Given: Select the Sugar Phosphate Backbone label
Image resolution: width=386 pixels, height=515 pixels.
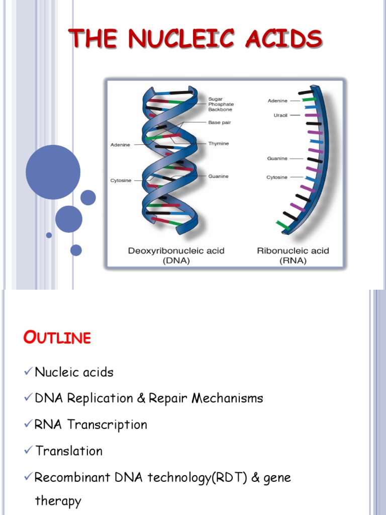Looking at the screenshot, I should click(x=221, y=104).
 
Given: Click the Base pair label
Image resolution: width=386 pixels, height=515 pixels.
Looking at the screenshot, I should click(x=219, y=122).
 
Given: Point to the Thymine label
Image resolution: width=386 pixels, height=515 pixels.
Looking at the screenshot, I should click(x=219, y=144).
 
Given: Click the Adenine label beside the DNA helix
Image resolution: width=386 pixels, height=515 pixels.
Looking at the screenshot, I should click(x=120, y=145).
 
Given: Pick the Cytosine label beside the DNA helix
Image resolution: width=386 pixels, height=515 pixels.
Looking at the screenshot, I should click(x=121, y=181).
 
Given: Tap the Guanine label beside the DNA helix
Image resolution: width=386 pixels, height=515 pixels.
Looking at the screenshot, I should click(x=219, y=176).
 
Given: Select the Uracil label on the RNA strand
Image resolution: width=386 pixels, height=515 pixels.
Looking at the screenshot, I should click(x=280, y=115).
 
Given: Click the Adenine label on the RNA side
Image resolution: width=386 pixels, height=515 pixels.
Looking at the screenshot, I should click(x=277, y=101).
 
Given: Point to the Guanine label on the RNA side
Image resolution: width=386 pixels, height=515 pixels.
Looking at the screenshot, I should click(x=277, y=158).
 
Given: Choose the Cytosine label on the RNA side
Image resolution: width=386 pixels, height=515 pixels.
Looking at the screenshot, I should click(x=277, y=177).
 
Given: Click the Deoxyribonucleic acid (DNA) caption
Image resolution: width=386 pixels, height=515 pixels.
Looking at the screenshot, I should click(x=176, y=255).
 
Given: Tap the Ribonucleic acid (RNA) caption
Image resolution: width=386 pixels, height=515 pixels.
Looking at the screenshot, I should click(x=293, y=255).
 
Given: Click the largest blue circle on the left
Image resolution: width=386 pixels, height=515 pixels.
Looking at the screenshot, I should click(x=53, y=172).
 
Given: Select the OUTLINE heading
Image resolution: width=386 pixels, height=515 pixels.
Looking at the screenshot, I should click(x=57, y=338).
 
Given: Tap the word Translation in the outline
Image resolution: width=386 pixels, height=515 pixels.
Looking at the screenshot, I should click(x=69, y=451).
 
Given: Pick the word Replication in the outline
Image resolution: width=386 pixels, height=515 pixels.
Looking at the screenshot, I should click(x=100, y=398).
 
